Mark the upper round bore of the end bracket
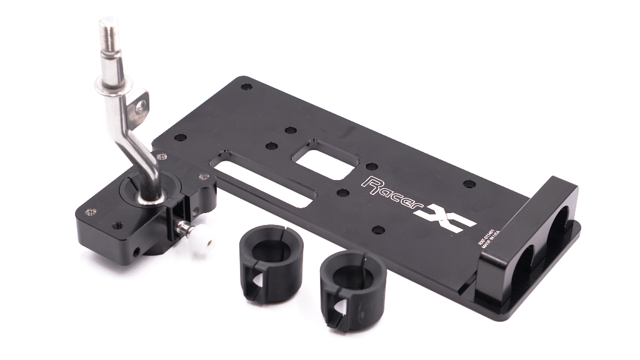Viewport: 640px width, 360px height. coord(559,219)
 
